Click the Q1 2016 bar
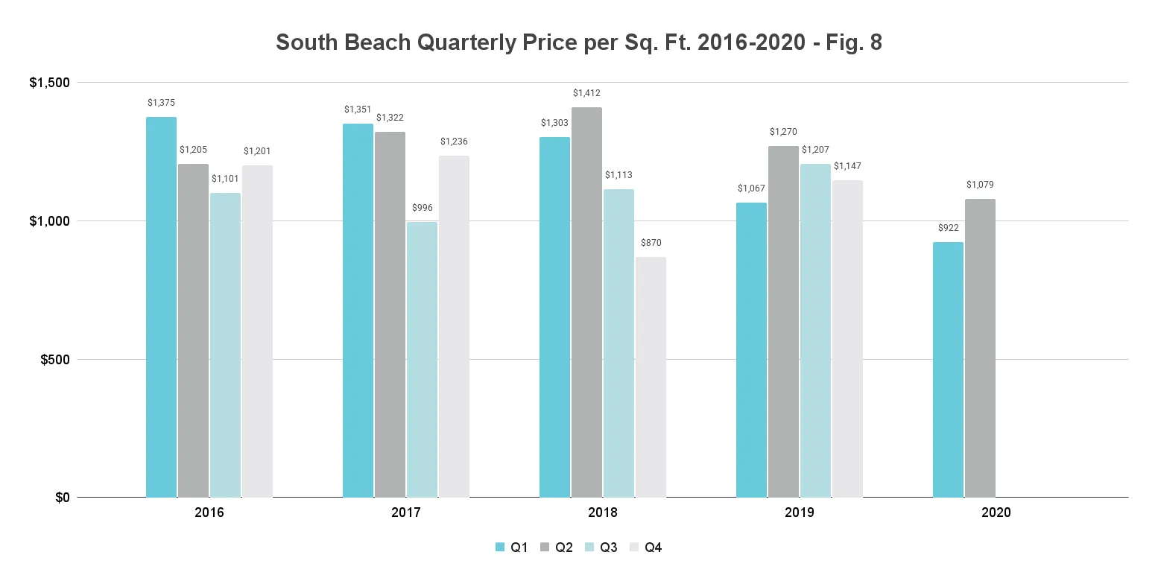coord(161,307)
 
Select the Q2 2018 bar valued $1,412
coord(586,302)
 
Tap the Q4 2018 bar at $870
coord(651,378)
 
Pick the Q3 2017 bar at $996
coord(422,360)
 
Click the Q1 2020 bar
coord(948,369)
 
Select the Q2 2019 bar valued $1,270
coord(783,322)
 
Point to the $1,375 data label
coord(161,103)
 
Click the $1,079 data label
coord(980,185)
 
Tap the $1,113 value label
coord(618,175)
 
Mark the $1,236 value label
coord(454,142)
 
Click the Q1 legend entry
coord(512,547)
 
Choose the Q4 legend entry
coord(646,547)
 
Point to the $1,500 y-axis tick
coord(49,83)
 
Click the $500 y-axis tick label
coord(55,360)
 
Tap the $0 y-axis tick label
coord(63,498)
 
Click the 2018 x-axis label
coord(602,513)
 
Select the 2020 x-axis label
coord(996,513)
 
